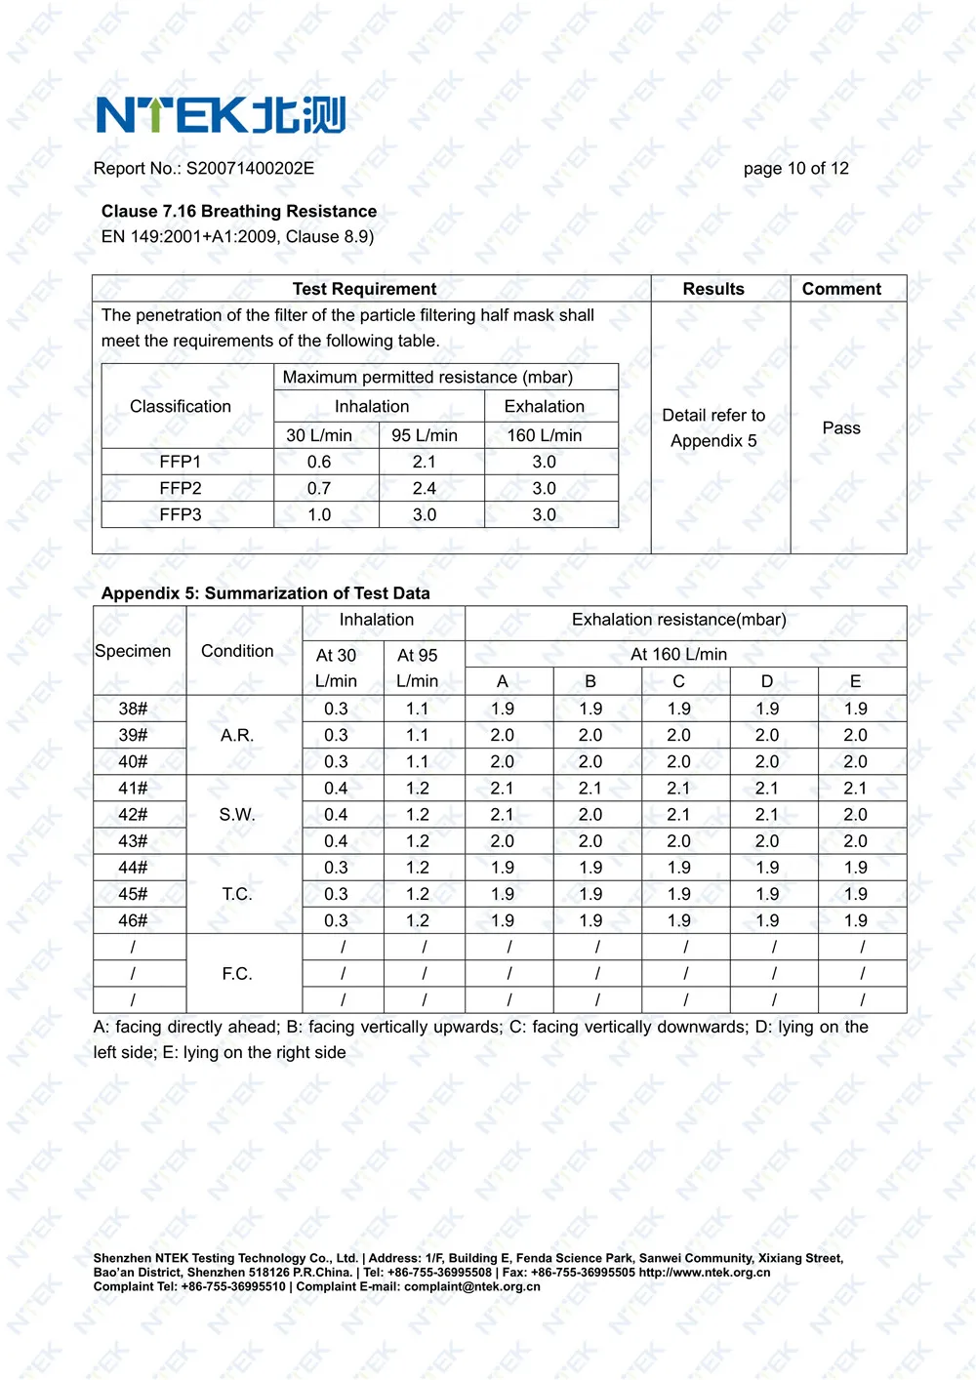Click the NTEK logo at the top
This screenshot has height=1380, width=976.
click(221, 115)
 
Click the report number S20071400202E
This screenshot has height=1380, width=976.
click(250, 168)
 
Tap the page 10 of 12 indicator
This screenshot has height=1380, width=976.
click(795, 168)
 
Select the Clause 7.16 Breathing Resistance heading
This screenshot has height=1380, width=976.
click(239, 211)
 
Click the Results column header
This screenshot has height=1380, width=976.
click(713, 289)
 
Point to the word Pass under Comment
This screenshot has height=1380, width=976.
click(841, 427)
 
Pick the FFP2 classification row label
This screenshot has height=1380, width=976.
click(181, 488)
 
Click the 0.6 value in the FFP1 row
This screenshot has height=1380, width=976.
click(319, 462)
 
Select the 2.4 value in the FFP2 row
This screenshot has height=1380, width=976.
click(425, 488)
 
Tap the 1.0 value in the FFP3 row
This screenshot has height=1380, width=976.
click(319, 514)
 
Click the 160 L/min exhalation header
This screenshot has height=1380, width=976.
click(545, 435)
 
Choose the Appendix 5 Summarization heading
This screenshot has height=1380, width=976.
click(265, 593)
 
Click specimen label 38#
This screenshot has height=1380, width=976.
click(134, 709)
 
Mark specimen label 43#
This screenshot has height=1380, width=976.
click(134, 841)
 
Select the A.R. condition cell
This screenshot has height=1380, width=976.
click(237, 735)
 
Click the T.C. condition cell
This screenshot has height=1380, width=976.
click(237, 894)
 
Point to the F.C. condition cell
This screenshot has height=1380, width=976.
click(237, 973)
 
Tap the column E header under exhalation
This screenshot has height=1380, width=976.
click(856, 681)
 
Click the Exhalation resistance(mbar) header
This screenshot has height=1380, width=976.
click(679, 620)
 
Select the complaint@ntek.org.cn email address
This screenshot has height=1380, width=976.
click(472, 1286)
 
